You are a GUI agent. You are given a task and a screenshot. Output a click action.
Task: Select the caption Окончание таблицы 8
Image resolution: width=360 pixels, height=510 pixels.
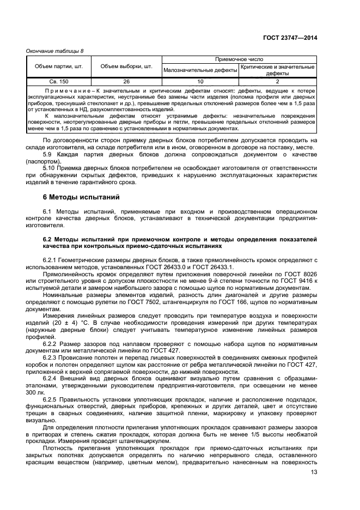coord(55,51)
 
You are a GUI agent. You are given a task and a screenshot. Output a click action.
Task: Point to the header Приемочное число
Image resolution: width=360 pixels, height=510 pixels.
coord(239,59)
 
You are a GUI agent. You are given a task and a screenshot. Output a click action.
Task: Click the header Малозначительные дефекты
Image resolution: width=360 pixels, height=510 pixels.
coord(200,70)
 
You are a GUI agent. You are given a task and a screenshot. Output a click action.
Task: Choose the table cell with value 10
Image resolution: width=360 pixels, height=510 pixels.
coord(200,81)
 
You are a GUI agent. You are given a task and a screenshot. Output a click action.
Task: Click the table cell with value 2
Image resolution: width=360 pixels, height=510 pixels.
coord(277,81)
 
